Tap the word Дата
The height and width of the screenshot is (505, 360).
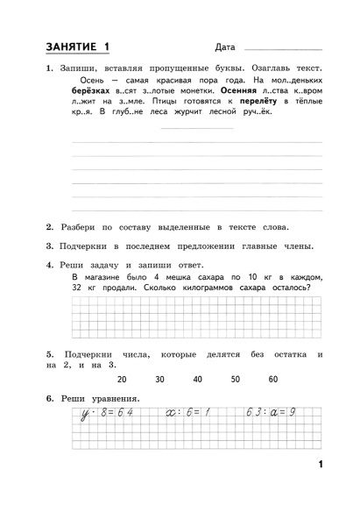click(x=223, y=47)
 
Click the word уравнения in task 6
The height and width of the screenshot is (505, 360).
click(x=112, y=400)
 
